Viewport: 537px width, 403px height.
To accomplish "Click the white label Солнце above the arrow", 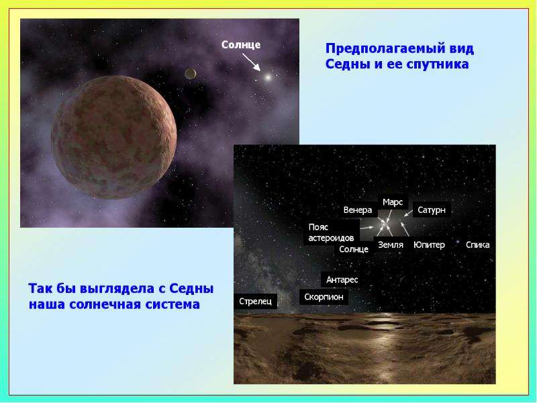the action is [x=241, y=45].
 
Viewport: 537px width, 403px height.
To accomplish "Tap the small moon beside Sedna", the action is [x=191, y=73].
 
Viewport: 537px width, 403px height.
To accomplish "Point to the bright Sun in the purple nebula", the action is [x=268, y=77].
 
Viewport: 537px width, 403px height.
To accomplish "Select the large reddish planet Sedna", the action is [x=114, y=137].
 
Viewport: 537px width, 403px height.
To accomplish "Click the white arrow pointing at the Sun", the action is [x=251, y=62].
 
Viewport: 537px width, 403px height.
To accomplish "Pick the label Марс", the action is [x=393, y=203].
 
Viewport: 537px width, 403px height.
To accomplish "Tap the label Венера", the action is [x=358, y=210].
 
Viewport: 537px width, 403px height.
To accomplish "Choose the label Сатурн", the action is [x=432, y=210].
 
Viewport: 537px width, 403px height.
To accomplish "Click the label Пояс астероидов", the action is [x=331, y=232].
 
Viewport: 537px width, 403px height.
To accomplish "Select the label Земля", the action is [x=391, y=245].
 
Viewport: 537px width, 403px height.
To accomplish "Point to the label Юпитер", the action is [x=429, y=245].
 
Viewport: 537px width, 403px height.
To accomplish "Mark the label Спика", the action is [x=477, y=245].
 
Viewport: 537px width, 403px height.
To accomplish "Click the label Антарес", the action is [x=342, y=280].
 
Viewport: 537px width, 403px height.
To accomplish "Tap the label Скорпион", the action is [x=324, y=297].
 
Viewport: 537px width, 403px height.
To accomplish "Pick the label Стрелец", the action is [x=255, y=302].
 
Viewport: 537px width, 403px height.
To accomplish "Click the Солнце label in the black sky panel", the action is [x=354, y=249].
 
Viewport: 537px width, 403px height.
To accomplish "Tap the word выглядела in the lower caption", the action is [x=117, y=289].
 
